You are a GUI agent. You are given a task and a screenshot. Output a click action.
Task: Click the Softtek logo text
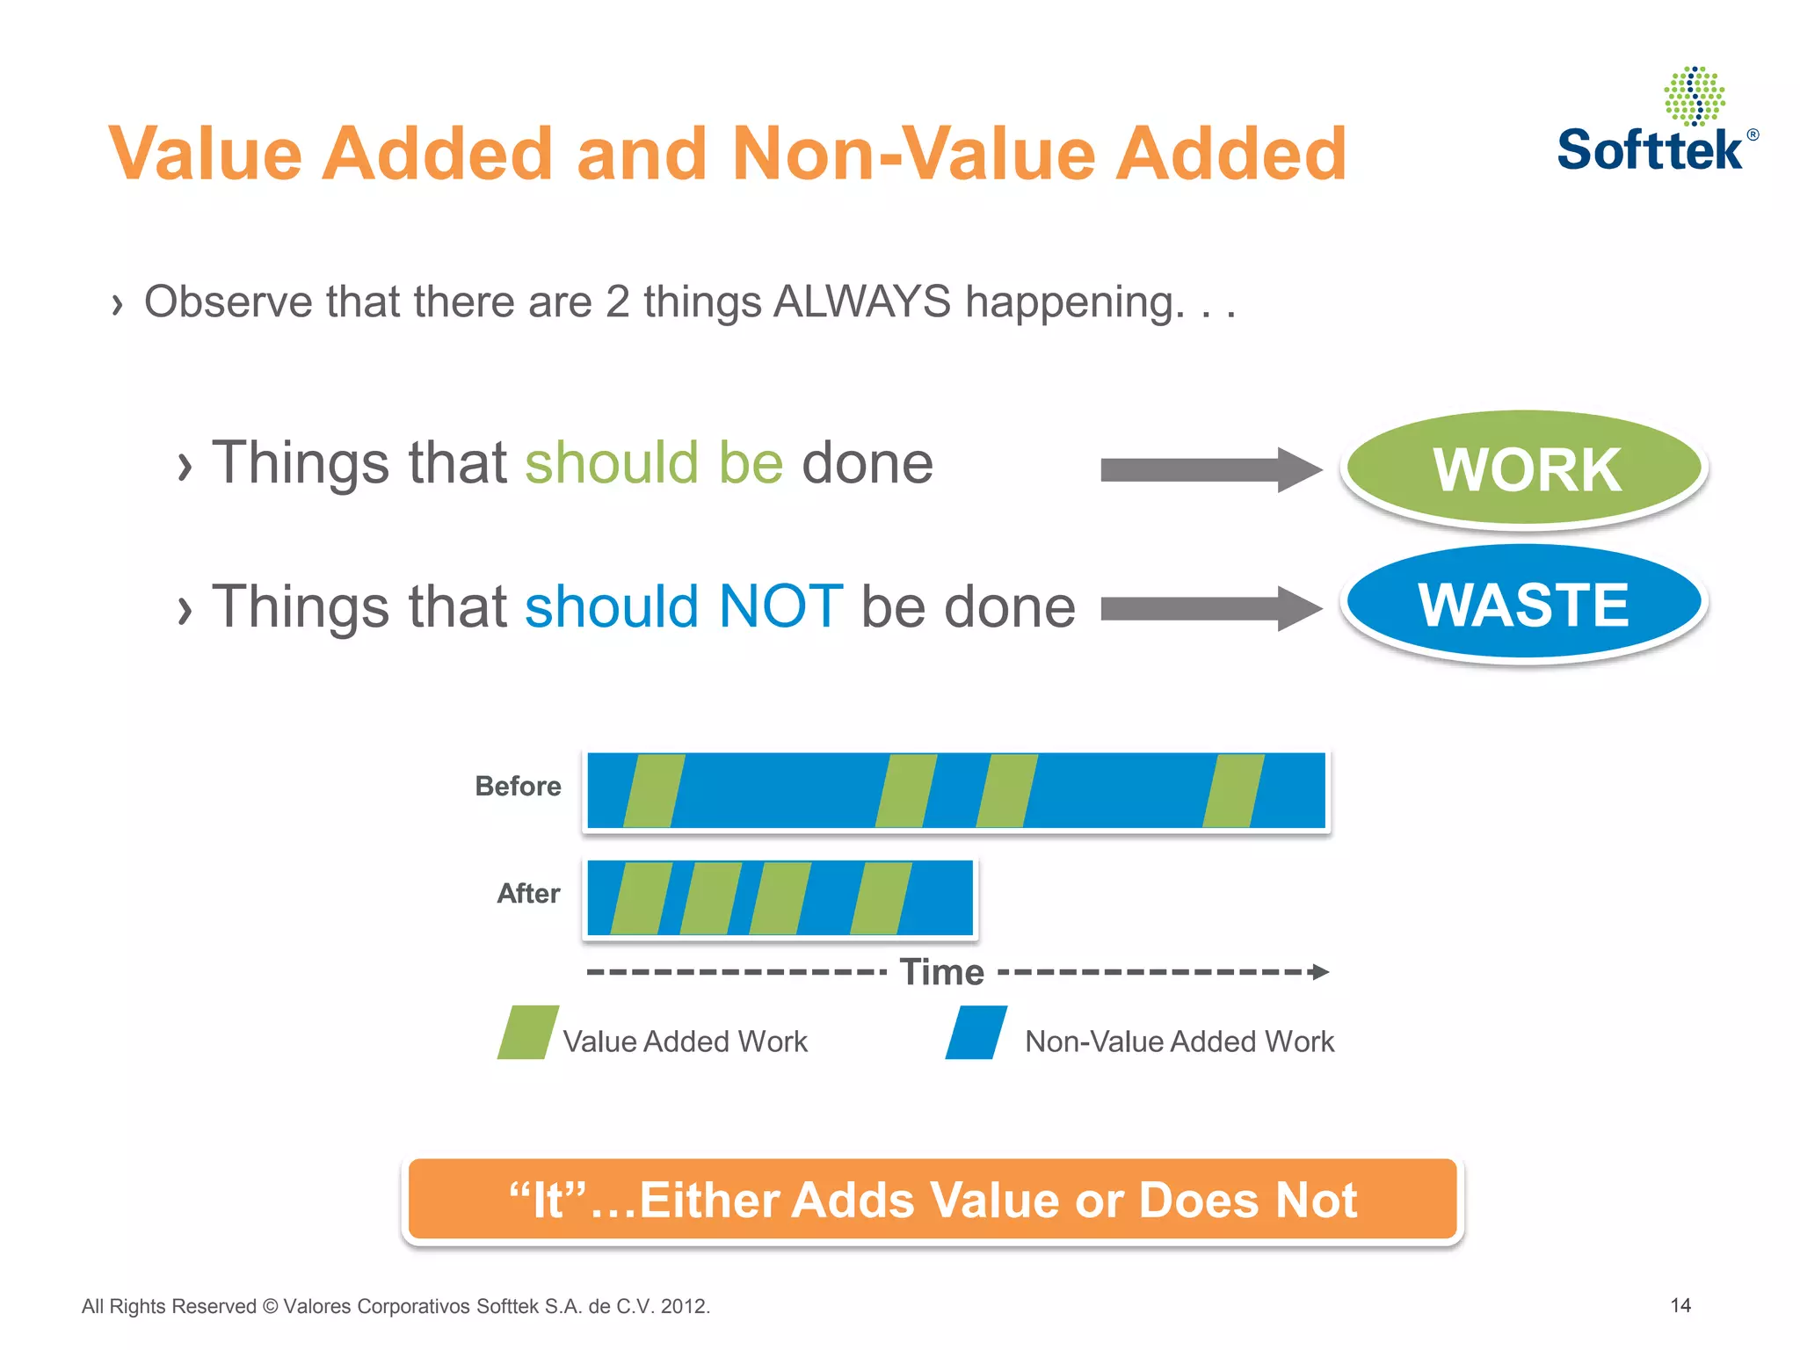(1650, 149)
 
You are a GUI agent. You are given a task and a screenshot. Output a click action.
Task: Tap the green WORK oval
(1525, 468)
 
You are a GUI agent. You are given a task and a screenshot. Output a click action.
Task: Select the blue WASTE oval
(1523, 604)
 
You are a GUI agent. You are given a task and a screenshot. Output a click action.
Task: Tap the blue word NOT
(780, 606)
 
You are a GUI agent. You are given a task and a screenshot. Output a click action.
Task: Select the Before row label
(518, 786)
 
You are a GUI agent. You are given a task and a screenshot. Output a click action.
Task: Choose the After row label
(528, 893)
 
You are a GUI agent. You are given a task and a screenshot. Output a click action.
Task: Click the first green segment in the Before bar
(654, 790)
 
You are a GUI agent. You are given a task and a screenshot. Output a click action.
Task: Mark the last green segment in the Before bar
(1233, 790)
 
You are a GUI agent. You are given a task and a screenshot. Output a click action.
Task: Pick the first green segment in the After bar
(642, 897)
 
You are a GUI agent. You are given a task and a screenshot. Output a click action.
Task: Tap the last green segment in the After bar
(881, 897)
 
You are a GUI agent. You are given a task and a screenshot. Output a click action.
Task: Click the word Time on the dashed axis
(941, 972)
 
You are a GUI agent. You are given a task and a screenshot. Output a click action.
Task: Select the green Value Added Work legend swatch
(527, 1033)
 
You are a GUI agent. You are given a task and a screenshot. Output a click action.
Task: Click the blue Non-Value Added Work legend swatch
(976, 1033)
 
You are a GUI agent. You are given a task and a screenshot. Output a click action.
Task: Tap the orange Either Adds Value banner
(932, 1200)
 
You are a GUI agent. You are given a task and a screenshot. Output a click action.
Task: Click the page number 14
(1680, 1305)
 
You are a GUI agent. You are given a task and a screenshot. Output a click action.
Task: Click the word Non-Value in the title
(914, 154)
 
